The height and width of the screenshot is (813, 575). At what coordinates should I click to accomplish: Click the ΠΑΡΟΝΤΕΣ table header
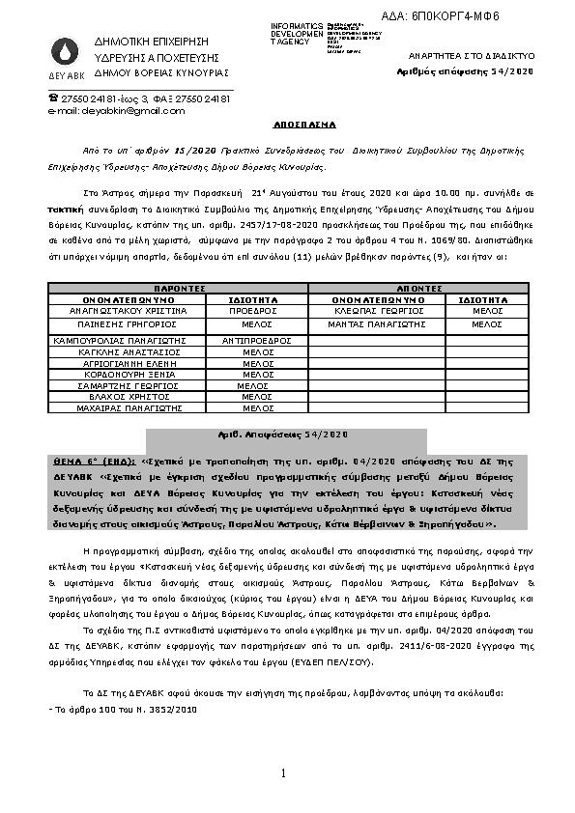(x=179, y=288)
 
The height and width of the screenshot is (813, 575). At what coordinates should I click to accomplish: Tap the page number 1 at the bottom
(x=285, y=774)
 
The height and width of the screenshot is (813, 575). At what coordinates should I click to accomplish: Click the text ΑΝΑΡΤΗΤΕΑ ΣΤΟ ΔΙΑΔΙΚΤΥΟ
(x=464, y=58)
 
